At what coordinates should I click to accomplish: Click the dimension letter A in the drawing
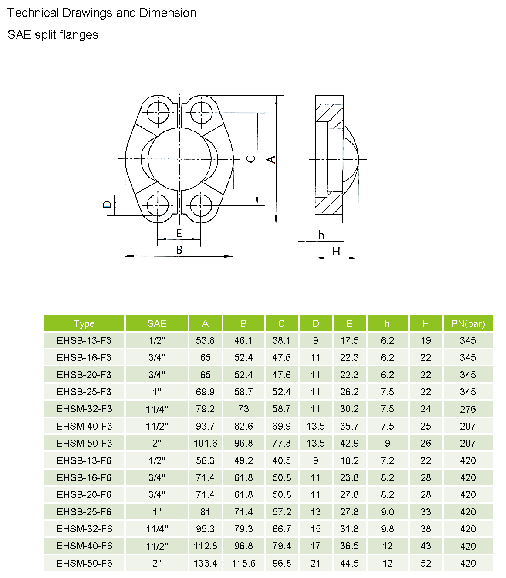pyautogui.click(x=271, y=159)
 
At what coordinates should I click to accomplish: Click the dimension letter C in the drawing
pyautogui.click(x=251, y=159)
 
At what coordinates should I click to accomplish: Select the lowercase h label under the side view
pyautogui.click(x=321, y=235)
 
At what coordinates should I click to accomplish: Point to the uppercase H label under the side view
pyautogui.click(x=336, y=252)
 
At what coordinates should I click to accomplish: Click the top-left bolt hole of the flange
pyautogui.click(x=157, y=112)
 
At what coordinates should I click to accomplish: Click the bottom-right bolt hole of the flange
pyautogui.click(x=201, y=205)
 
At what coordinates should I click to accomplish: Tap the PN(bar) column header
pyautogui.click(x=468, y=323)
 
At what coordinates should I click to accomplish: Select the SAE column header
pyautogui.click(x=157, y=323)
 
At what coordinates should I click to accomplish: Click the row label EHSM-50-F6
pyautogui.click(x=84, y=563)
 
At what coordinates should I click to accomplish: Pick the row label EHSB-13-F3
pyautogui.click(x=84, y=340)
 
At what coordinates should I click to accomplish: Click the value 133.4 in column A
pyautogui.click(x=205, y=563)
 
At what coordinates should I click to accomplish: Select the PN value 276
pyautogui.click(x=468, y=409)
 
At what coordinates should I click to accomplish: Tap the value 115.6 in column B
pyautogui.click(x=243, y=563)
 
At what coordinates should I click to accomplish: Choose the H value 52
pyautogui.click(x=425, y=563)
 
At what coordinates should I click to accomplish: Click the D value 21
pyautogui.click(x=315, y=563)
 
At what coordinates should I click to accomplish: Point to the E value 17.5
pyautogui.click(x=349, y=340)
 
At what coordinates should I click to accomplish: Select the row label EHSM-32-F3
pyautogui.click(x=84, y=409)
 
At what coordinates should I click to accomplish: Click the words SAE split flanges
pyautogui.click(x=53, y=35)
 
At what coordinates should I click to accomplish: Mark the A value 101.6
pyautogui.click(x=205, y=443)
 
